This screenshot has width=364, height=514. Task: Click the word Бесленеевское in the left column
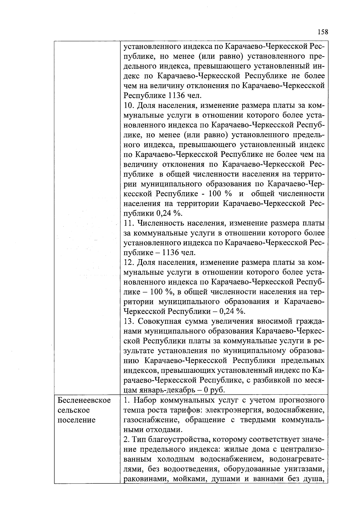(x=84, y=400)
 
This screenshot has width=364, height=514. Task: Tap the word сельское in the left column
(x=73, y=410)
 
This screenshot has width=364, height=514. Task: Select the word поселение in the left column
(x=76, y=420)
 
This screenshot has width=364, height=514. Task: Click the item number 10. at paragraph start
(x=129, y=106)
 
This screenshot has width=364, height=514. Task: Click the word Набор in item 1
(x=144, y=400)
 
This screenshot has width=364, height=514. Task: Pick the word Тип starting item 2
(x=139, y=439)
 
